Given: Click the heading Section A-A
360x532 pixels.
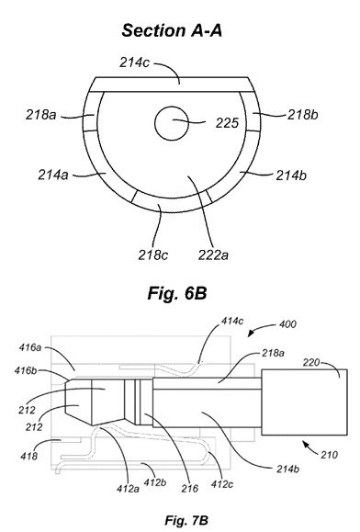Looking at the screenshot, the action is [x=172, y=30].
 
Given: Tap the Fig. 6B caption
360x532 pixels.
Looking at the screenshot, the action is [x=177, y=293].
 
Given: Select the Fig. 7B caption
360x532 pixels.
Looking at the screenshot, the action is [x=186, y=520].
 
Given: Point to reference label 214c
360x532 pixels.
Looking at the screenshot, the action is [x=134, y=62].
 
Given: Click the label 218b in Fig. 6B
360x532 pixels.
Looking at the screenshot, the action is [x=303, y=115].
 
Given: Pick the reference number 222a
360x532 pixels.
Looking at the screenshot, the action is [x=213, y=255].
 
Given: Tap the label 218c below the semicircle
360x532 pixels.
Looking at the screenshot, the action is [x=152, y=255].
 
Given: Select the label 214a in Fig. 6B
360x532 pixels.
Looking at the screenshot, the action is [x=53, y=175].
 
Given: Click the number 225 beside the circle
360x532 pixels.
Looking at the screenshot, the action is [x=227, y=123].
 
